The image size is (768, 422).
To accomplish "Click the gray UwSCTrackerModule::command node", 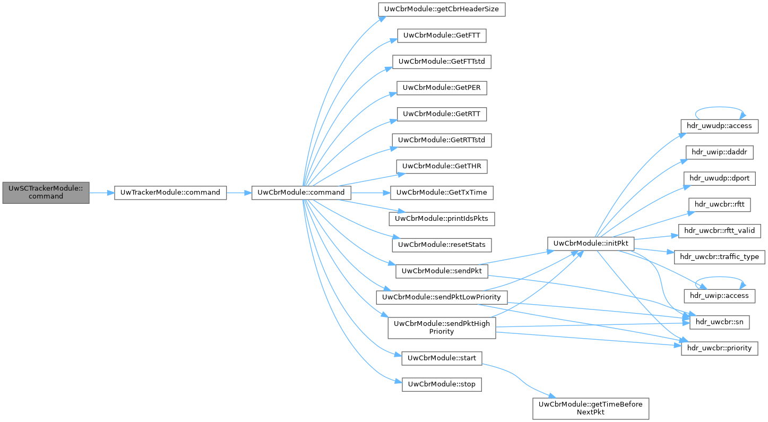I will (46, 192).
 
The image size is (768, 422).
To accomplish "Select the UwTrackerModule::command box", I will (170, 192).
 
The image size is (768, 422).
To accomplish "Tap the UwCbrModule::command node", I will (301, 192).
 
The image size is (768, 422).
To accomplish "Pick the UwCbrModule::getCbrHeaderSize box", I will (441, 10).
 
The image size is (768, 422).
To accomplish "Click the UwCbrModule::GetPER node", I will (442, 88).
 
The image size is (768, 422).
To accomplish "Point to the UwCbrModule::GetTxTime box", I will (442, 192).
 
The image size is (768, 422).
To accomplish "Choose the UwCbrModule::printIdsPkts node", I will (442, 218).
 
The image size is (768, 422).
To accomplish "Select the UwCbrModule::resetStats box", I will (442, 244).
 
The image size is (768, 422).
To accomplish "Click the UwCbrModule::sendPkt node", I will (442, 271).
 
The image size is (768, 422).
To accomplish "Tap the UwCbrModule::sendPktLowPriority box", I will (442, 297).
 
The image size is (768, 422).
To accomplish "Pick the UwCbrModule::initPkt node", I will (591, 243).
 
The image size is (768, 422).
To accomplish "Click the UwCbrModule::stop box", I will (442, 384).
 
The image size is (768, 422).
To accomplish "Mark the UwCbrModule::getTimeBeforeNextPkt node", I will (591, 408).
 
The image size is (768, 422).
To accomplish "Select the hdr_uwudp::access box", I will (720, 126).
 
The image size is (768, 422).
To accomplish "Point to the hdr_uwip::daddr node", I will (720, 152).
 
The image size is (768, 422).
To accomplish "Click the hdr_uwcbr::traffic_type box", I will (719, 257).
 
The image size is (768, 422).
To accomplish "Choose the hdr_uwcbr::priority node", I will (719, 348).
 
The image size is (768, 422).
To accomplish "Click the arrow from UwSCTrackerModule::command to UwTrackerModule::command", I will (102, 192).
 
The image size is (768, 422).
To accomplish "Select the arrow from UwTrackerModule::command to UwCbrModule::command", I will (239, 192).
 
